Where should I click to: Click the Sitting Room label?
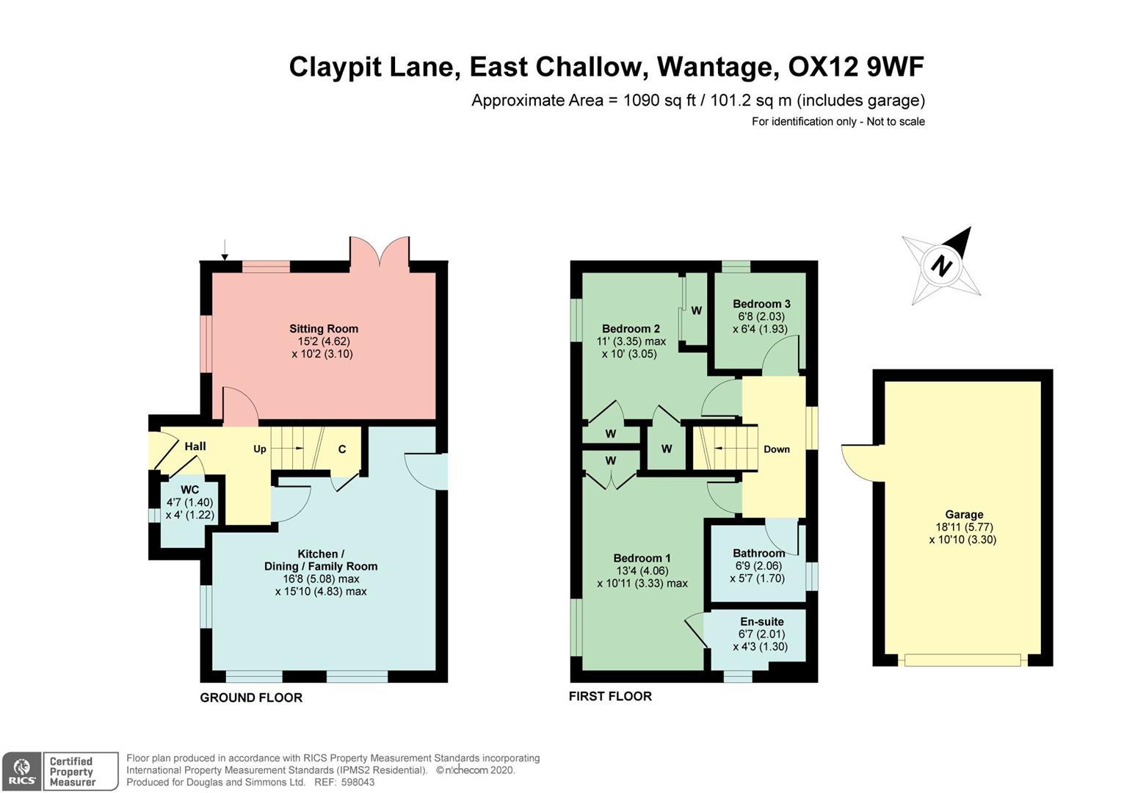[324, 329]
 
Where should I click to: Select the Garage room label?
[963, 515]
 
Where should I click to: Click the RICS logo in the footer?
[21, 772]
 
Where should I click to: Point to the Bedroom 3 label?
[761, 304]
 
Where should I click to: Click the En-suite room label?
[761, 622]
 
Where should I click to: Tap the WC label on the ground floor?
[189, 490]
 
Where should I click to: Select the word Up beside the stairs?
[260, 449]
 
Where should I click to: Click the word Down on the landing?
[777, 449]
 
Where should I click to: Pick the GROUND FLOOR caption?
[251, 698]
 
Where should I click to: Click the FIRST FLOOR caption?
[610, 696]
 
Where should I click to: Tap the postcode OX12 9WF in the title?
[856, 67]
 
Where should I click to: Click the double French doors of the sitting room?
[380, 252]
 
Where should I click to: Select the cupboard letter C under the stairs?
[342, 449]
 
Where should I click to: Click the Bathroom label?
[758, 554]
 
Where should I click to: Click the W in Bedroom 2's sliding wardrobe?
[697, 311]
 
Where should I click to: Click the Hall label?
[195, 446]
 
